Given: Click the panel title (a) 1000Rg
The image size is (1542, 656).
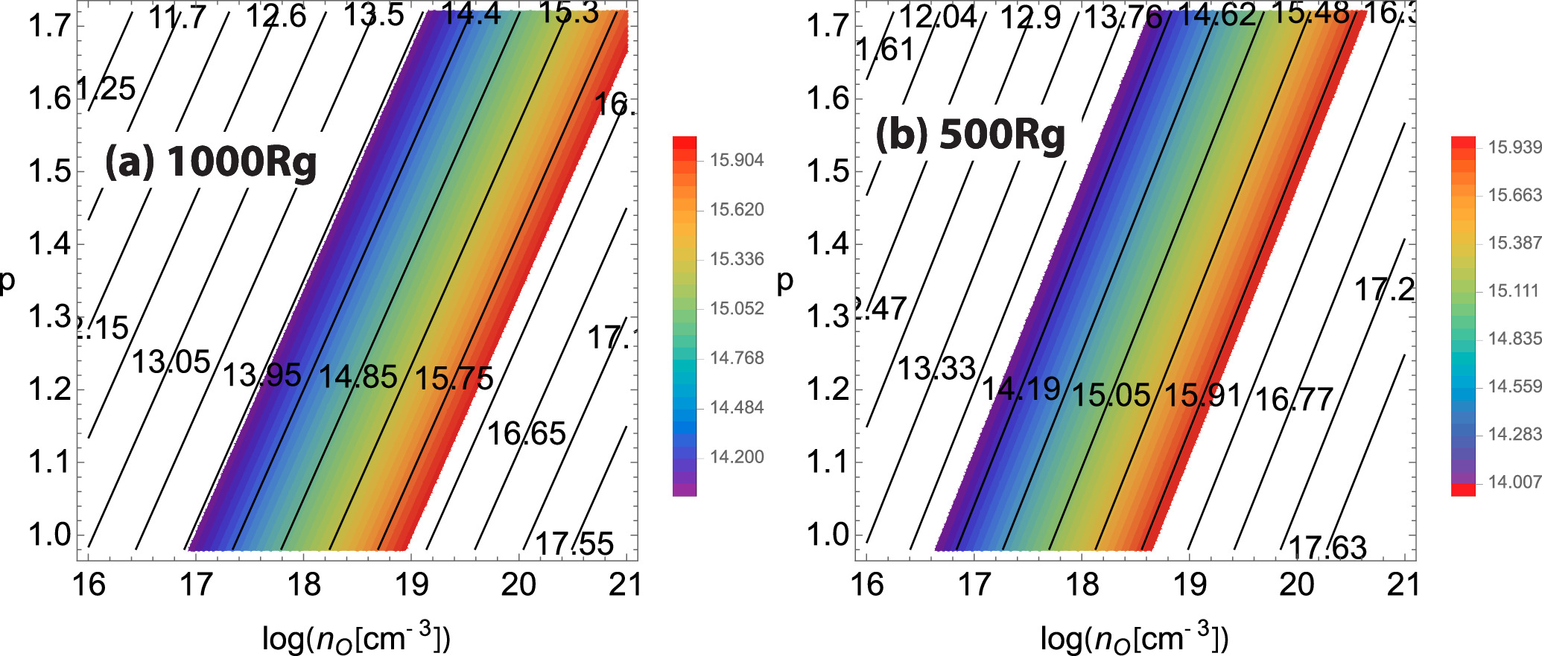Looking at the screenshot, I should pyautogui.click(x=211, y=162).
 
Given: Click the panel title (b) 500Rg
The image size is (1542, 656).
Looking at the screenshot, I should pyautogui.click(x=970, y=135).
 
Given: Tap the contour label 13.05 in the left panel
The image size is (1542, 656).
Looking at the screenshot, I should pyautogui.click(x=171, y=363).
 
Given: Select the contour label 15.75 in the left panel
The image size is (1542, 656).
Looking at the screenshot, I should pyautogui.click(x=454, y=378).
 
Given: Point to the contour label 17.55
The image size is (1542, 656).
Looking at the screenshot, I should pyautogui.click(x=574, y=544).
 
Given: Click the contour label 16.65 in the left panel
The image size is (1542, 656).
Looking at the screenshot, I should pyautogui.click(x=527, y=433).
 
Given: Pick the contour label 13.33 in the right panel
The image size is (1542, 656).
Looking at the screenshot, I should pyautogui.click(x=936, y=368).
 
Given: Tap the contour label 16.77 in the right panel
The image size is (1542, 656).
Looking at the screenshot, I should pyautogui.click(x=1294, y=400).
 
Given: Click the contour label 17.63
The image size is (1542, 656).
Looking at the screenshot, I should pyautogui.click(x=1327, y=548).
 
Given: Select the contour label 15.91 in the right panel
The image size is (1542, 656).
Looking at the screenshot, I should pyautogui.click(x=1203, y=395).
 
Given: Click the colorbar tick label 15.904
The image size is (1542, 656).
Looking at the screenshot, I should pyautogui.click(x=737, y=160).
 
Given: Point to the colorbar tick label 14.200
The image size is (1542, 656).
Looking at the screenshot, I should pyautogui.click(x=737, y=457).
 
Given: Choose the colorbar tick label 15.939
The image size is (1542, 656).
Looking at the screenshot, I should pyautogui.click(x=1514, y=147).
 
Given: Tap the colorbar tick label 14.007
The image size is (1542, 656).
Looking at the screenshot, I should pyautogui.click(x=1514, y=482).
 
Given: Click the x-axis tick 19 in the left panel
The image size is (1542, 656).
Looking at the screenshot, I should pyautogui.click(x=411, y=585).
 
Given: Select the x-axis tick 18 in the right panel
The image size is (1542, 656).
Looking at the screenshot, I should pyautogui.click(x=1082, y=585).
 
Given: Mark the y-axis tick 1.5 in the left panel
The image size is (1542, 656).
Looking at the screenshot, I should pyautogui.click(x=49, y=171).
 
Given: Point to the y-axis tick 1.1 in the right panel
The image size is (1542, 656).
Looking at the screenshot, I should pyautogui.click(x=828, y=462).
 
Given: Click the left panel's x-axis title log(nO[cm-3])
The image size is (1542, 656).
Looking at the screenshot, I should pyautogui.click(x=356, y=637).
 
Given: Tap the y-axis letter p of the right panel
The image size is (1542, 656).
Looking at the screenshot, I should pyautogui.click(x=785, y=281).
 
